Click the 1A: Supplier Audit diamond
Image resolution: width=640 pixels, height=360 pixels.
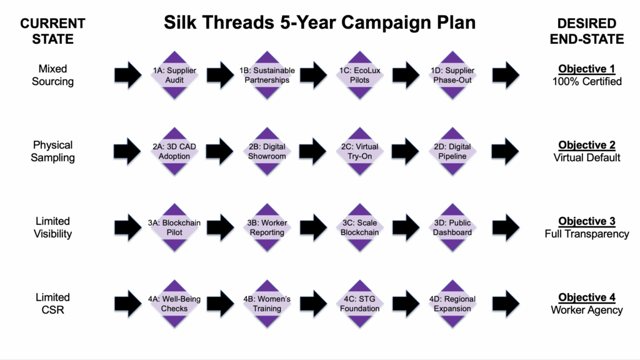pyautogui.click(x=174, y=75)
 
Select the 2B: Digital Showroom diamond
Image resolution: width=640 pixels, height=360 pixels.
pyautogui.click(x=267, y=151)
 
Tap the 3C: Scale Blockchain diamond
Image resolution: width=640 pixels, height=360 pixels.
pyautogui.click(x=359, y=227)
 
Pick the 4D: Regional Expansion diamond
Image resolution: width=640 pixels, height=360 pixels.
pyautogui.click(x=452, y=304)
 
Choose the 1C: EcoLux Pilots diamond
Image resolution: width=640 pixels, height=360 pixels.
pyautogui.click(x=359, y=75)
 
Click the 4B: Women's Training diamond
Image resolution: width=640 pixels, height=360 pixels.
pyautogui.click(x=267, y=304)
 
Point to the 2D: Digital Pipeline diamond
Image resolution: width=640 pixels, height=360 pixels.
pyautogui.click(x=452, y=151)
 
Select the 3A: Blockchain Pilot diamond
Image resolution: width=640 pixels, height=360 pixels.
pyautogui.click(x=174, y=227)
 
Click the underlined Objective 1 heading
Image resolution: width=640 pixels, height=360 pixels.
pyautogui.click(x=586, y=69)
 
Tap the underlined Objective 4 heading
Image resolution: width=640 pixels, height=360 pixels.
pyautogui.click(x=586, y=297)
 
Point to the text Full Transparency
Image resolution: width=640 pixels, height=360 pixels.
pyautogui.click(x=586, y=234)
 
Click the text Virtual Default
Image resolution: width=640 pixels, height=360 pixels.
pyautogui.click(x=586, y=157)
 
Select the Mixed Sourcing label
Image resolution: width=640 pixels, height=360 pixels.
pyautogui.click(x=52, y=75)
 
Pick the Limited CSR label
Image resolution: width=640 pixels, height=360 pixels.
pyautogui.click(x=52, y=304)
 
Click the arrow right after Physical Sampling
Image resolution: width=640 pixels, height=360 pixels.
pyautogui.click(x=127, y=151)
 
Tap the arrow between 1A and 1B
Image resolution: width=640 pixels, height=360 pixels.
pyautogui.click(x=221, y=75)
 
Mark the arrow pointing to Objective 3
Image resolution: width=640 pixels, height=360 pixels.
pyautogui.click(x=506, y=227)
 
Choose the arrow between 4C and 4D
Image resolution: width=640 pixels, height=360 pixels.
pyautogui.click(x=406, y=304)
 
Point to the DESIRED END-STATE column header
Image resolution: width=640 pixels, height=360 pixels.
pyautogui.click(x=586, y=31)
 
